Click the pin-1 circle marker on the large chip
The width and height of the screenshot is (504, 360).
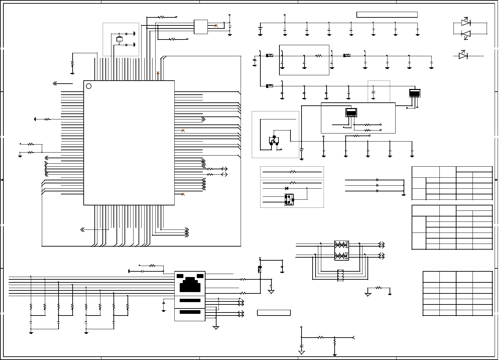pos(89,86)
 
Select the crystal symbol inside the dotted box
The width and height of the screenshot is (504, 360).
pos(119,39)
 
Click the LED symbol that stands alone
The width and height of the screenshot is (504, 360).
pos(463,56)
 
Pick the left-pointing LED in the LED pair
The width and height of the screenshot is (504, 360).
pos(466,34)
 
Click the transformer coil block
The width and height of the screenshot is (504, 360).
pos(341,250)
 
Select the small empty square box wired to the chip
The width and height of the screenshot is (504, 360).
pos(201,27)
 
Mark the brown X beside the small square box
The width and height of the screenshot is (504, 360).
pos(216,26)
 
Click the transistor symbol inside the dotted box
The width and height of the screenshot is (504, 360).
pos(274,141)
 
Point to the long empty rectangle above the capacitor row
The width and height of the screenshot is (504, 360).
pos(387,15)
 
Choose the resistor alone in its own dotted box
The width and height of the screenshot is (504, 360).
pos(293,172)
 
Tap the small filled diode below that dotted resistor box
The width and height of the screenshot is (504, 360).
pos(286,188)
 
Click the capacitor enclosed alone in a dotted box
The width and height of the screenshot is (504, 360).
pos(373,92)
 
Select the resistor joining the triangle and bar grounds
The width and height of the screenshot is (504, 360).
pos(379,288)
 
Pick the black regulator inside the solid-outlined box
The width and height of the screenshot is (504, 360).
pos(351,112)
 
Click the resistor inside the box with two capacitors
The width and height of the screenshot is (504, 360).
pos(319,56)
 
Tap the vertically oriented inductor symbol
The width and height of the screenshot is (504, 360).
pos(260,269)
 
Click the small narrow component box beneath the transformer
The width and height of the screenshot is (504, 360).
pos(340,275)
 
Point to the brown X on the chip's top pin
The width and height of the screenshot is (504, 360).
pos(158,73)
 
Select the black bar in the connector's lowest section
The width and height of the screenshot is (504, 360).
pos(190,312)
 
